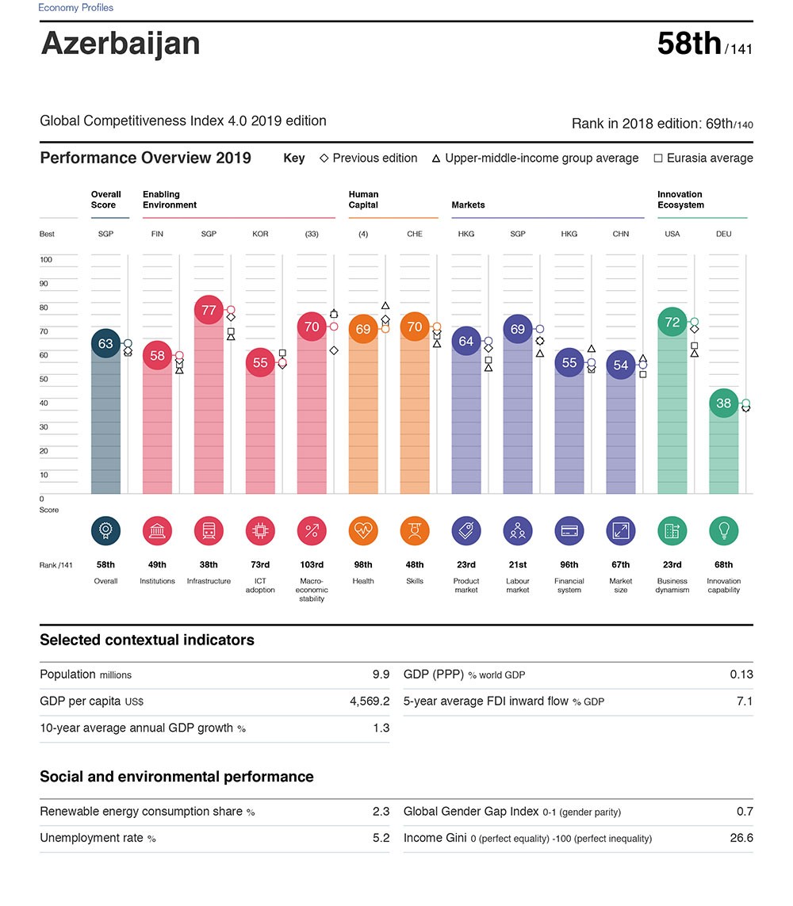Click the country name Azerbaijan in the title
tap(121, 44)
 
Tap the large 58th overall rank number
tap(689, 44)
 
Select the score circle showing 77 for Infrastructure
tap(209, 310)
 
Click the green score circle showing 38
tap(723, 403)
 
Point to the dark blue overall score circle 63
tap(105, 343)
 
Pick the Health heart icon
tap(363, 531)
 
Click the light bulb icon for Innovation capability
tap(723, 531)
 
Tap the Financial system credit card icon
tap(569, 531)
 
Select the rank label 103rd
tap(312, 565)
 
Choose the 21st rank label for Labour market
tap(517, 565)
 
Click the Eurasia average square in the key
tap(658, 159)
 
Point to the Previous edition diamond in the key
tap(324, 159)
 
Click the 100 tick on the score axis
tap(46, 260)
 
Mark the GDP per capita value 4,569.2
tap(370, 701)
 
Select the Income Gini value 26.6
tap(741, 838)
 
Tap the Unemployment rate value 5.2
tap(381, 838)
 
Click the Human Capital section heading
tap(363, 200)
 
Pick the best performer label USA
tap(672, 235)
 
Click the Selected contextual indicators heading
tap(147, 640)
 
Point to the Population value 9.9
tap(381, 675)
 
